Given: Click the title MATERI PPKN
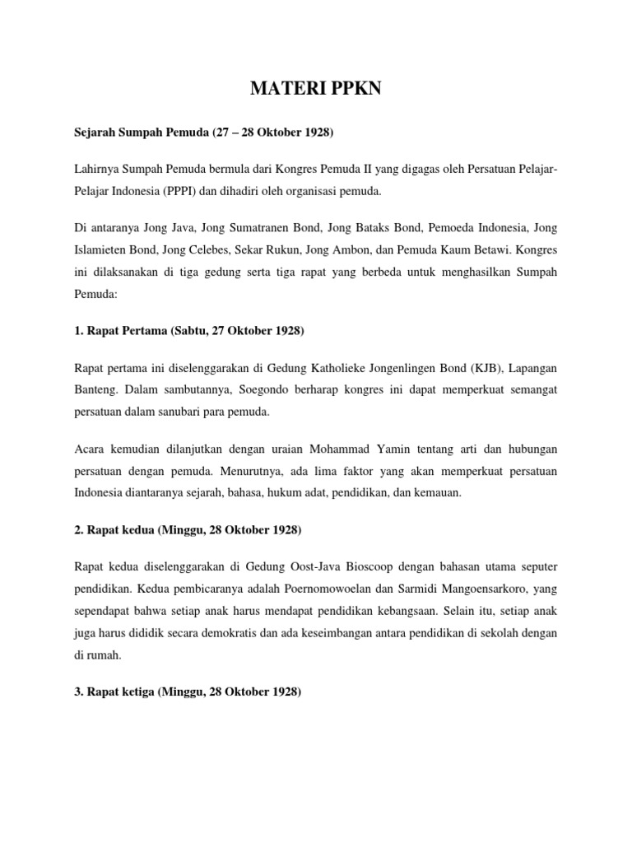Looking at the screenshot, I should click(x=316, y=90).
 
